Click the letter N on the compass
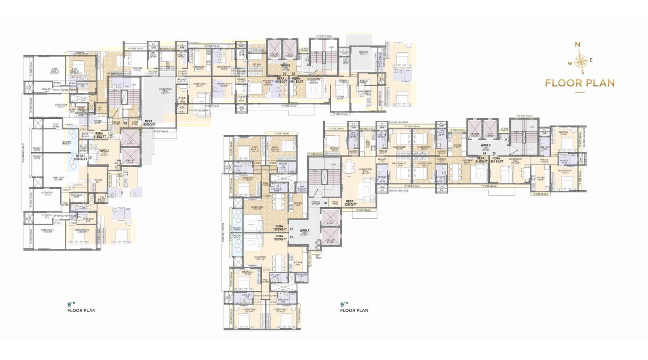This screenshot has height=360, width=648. [578, 45]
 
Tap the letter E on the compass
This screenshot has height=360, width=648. [590, 60]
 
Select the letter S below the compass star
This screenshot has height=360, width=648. [583, 73]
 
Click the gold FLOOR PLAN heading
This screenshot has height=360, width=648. [580, 83]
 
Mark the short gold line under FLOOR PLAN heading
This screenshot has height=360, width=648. [580, 93]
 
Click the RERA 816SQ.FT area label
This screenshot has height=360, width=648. [100, 135]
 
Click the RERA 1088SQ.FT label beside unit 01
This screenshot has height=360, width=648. [279, 238]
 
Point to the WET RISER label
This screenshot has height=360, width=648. [318, 256]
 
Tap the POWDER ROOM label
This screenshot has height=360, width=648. [81, 109]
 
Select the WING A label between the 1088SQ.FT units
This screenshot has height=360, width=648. [304, 232]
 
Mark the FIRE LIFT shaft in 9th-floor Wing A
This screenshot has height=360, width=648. [330, 239]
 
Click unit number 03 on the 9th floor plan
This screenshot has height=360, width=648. [325, 202]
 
